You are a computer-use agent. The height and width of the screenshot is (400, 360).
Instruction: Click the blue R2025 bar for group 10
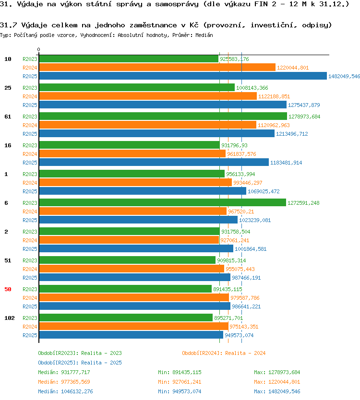183,76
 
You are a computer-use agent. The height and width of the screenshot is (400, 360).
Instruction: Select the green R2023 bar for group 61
163,117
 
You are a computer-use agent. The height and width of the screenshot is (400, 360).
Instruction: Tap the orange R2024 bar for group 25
148,96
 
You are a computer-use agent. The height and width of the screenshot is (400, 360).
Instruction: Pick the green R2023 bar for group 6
162,202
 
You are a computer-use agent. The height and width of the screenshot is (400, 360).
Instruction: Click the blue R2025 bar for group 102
131,335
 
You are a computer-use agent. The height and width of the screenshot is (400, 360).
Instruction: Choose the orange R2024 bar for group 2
129,240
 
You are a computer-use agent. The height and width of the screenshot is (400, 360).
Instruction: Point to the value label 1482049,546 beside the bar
344,76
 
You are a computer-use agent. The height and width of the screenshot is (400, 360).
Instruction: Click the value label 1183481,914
286,163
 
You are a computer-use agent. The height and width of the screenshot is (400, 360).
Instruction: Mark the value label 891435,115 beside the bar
228,289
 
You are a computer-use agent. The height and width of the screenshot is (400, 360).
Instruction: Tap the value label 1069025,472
264,191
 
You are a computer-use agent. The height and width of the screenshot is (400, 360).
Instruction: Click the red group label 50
8,289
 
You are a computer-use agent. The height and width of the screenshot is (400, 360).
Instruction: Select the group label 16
8,145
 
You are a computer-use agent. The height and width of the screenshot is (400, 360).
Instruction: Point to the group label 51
8,260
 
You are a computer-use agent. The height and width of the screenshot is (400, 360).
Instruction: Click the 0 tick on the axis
38,49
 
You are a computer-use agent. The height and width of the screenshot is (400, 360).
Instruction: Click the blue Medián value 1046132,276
77,391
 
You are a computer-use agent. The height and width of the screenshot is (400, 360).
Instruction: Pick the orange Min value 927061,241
187,382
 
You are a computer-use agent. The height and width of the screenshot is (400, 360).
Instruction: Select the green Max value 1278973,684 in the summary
284,372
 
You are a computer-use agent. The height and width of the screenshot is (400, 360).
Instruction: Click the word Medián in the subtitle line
204,35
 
